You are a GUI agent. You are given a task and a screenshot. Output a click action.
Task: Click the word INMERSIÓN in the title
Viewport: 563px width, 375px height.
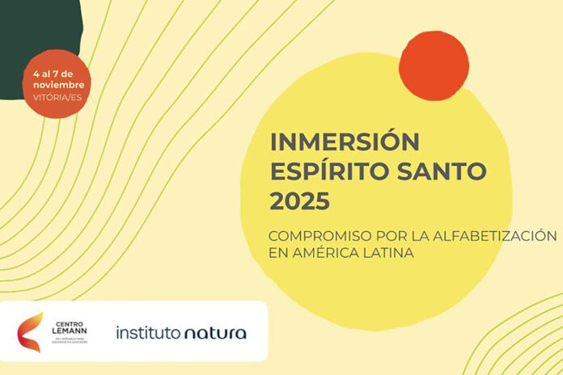click(x=345, y=142)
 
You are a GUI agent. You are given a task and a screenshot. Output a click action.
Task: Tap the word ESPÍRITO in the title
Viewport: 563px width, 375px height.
click(x=328, y=171)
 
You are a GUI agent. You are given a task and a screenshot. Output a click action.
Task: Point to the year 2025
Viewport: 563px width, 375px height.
click(x=300, y=199)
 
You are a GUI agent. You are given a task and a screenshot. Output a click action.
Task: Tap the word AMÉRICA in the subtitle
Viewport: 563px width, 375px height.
click(x=328, y=253)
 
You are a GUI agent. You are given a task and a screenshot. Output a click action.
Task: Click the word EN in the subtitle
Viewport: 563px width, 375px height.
click(x=279, y=253)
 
